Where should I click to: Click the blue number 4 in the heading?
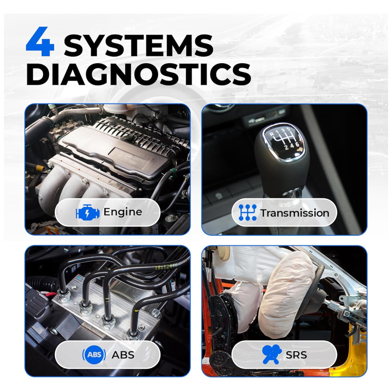(x=40, y=42)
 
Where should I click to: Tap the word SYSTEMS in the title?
(x=138, y=45)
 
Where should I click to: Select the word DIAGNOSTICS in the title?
(x=138, y=74)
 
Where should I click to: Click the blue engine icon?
(x=87, y=212)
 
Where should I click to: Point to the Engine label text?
(x=123, y=212)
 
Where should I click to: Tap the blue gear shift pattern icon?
(x=247, y=212)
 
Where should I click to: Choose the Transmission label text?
(x=295, y=213)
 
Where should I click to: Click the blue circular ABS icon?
(x=94, y=354)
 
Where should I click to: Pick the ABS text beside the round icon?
(x=123, y=355)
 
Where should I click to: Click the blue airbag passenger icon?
(x=272, y=354)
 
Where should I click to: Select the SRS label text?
(x=296, y=355)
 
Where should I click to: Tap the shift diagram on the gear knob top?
(x=283, y=139)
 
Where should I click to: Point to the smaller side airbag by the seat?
(x=245, y=305)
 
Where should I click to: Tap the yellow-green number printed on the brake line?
(x=166, y=267)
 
